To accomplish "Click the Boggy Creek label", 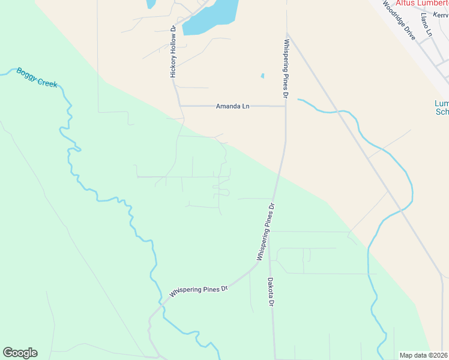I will point(37,77).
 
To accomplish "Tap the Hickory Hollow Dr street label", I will point(173,52).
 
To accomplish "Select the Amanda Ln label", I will point(232,106).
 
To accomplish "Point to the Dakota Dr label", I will point(271,292).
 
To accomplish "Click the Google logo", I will point(20,353).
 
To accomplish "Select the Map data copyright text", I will point(424,355).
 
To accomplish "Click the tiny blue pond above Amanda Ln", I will point(262,76).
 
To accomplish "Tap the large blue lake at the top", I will point(210,16).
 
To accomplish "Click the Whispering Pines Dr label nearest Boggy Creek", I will point(199,291).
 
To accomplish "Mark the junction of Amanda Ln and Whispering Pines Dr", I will point(286,106).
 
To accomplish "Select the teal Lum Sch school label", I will point(442,107).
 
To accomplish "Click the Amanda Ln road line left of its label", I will point(198,106).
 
